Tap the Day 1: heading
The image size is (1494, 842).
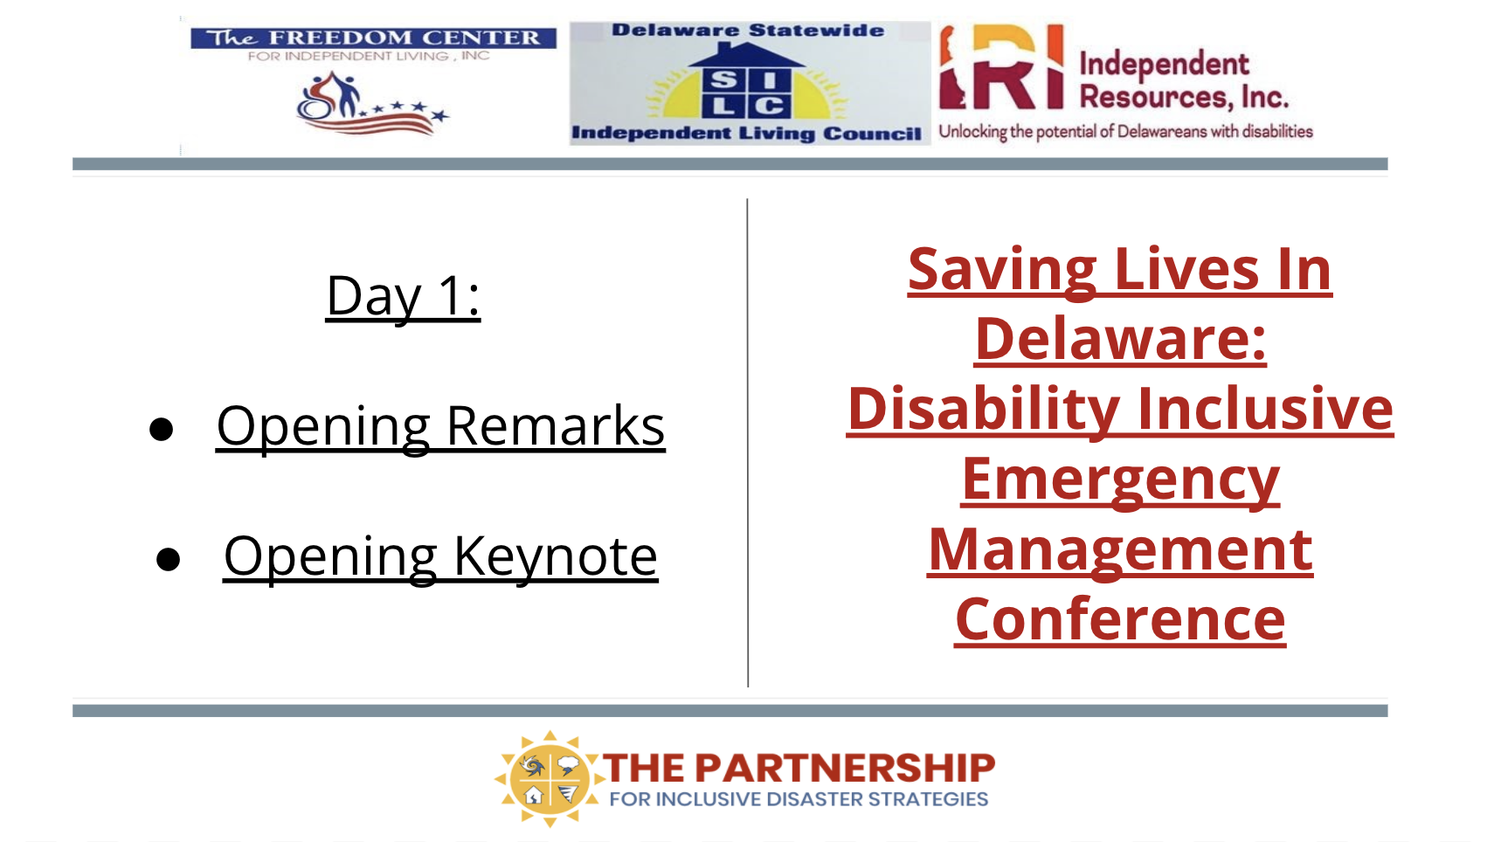pyautogui.click(x=403, y=296)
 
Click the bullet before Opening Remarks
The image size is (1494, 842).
pyautogui.click(x=162, y=429)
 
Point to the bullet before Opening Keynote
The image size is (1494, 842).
pyautogui.click(x=168, y=559)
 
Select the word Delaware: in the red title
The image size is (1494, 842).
pyautogui.click(x=1120, y=340)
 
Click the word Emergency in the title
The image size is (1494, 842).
pyautogui.click(x=1120, y=481)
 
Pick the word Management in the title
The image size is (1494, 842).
pyautogui.click(x=1120, y=551)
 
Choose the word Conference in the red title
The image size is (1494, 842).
pyautogui.click(x=1120, y=620)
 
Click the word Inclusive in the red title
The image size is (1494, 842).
pyautogui.click(x=1265, y=409)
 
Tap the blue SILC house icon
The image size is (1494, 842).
pyautogui.click(x=746, y=81)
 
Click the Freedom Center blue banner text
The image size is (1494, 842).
pyautogui.click(x=374, y=38)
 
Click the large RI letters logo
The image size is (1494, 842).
pyautogui.click(x=1001, y=66)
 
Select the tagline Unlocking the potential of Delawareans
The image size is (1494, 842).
pyautogui.click(x=1125, y=131)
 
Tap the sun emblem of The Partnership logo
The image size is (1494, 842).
pyautogui.click(x=549, y=778)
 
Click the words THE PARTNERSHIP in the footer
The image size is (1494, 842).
pyautogui.click(x=799, y=768)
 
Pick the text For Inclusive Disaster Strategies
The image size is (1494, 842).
pyautogui.click(x=799, y=799)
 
